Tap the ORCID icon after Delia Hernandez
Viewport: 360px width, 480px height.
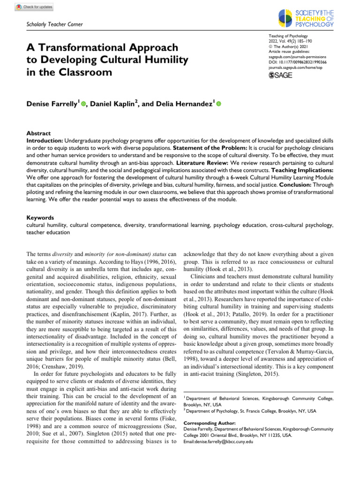point(218,104)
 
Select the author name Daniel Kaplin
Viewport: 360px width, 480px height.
point(113,104)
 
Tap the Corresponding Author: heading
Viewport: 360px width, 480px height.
point(209,423)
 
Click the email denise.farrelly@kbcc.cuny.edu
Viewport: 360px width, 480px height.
point(218,442)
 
